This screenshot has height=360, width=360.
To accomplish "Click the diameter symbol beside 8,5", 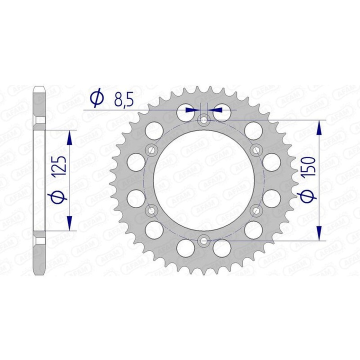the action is point(97,98).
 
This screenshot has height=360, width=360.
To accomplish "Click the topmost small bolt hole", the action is point(203,119).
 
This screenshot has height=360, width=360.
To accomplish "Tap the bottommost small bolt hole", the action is point(203,240).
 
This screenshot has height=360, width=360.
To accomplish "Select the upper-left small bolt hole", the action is point(151,150).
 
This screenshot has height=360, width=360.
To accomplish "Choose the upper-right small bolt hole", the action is point(256,150).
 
